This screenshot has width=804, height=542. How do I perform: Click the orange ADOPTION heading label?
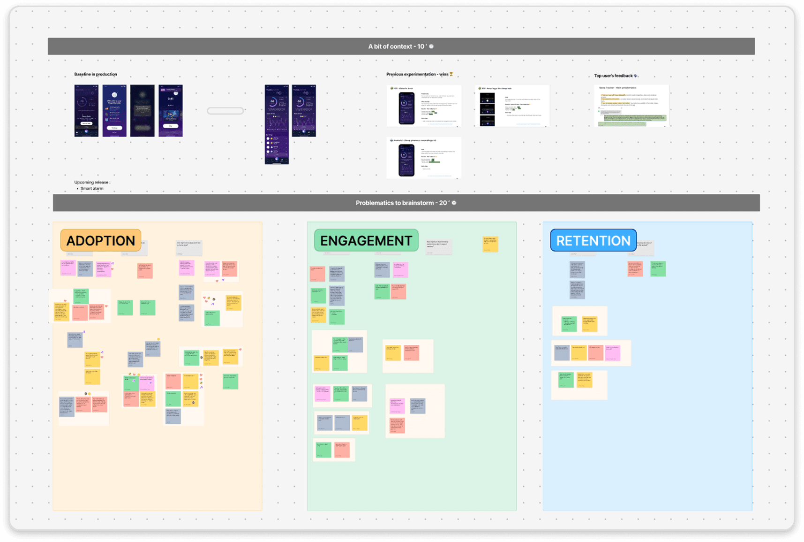[100, 241]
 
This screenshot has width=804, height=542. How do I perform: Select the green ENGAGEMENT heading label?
[366, 241]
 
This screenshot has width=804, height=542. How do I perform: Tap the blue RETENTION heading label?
[593, 241]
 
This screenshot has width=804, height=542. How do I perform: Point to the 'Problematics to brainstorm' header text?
[395, 203]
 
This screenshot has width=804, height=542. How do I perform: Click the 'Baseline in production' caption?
[96, 74]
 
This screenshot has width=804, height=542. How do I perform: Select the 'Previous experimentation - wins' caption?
[417, 74]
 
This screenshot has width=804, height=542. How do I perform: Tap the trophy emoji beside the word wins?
[451, 74]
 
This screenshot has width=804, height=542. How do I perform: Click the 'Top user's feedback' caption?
[613, 76]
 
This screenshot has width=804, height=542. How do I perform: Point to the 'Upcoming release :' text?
[92, 182]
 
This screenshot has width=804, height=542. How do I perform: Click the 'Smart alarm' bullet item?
[92, 189]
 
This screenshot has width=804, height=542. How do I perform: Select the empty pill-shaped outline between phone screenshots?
[225, 111]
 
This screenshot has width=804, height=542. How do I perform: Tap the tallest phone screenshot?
[277, 124]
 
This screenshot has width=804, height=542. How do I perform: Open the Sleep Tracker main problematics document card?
[631, 106]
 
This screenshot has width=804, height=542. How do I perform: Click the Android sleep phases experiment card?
[424, 158]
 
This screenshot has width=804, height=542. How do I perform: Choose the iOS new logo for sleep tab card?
[512, 106]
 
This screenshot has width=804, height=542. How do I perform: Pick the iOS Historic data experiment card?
[424, 106]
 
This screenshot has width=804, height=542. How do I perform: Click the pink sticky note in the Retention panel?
[612, 353]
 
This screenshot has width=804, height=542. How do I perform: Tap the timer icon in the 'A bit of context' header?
[431, 46]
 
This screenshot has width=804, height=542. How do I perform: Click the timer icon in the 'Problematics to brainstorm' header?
[454, 203]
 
